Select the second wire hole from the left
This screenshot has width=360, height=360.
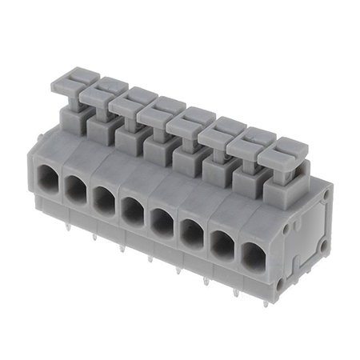(x=74, y=187)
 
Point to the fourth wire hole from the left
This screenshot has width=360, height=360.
(x=131, y=210)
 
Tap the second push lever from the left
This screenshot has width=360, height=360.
(x=99, y=95)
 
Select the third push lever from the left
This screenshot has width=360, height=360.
(x=128, y=104)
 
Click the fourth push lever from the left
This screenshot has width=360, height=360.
(x=158, y=113)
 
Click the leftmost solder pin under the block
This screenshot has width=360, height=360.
(x=68, y=226)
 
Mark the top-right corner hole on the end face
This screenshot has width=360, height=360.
(x=326, y=193)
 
